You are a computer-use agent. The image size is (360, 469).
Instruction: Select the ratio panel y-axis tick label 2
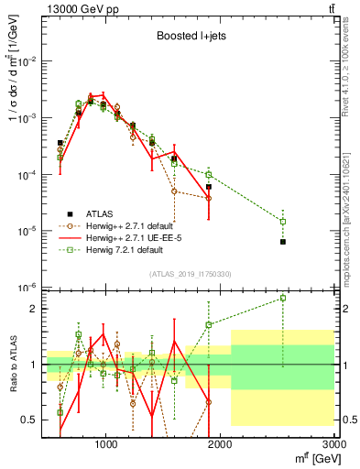[x=34, y=309]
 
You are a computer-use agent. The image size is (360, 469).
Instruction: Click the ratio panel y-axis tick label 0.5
[x=29, y=420]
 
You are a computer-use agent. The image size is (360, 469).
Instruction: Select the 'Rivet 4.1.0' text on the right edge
[x=352, y=73]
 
